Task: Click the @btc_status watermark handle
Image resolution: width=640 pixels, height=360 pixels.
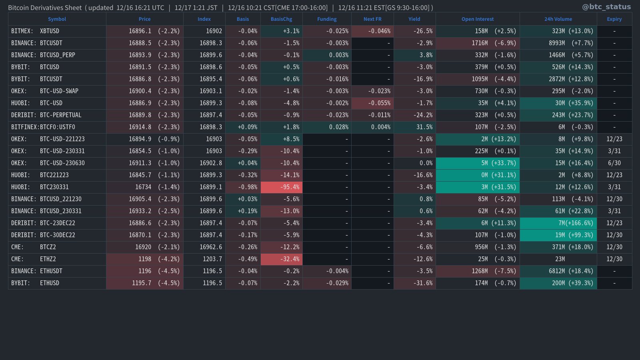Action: (x=606, y=7)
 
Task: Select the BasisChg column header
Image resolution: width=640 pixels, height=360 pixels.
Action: (x=281, y=19)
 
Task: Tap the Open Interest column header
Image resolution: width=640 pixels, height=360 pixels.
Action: (x=477, y=19)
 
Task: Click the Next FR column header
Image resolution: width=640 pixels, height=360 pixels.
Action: (x=372, y=19)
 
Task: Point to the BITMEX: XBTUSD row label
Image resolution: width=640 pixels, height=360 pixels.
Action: (x=35, y=31)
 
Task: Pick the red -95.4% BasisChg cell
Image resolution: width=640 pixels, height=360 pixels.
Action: (x=282, y=187)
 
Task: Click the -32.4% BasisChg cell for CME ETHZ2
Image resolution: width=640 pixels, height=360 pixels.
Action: (x=282, y=259)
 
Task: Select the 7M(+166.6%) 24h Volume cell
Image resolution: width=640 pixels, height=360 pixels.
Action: (x=558, y=223)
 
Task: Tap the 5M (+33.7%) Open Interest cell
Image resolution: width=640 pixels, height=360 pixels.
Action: (x=478, y=163)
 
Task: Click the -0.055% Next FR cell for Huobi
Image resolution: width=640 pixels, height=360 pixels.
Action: (x=372, y=103)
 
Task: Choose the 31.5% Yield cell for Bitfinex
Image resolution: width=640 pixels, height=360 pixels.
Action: (x=415, y=127)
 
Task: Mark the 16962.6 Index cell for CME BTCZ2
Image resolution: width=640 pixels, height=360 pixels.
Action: (x=204, y=247)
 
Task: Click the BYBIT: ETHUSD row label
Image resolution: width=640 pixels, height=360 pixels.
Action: (x=35, y=283)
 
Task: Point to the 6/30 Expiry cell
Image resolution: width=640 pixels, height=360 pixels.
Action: (x=614, y=163)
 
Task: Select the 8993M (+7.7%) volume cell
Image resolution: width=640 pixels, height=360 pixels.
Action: (x=558, y=43)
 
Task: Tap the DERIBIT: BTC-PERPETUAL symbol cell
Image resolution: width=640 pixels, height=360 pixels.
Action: (x=46, y=115)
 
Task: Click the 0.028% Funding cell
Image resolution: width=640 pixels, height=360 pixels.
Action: (x=327, y=127)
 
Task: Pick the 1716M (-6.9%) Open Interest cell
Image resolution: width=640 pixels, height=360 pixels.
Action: (x=478, y=43)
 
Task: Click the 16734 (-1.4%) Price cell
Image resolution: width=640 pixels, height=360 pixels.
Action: (x=145, y=187)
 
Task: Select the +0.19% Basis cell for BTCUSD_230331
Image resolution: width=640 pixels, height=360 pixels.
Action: (x=243, y=211)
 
